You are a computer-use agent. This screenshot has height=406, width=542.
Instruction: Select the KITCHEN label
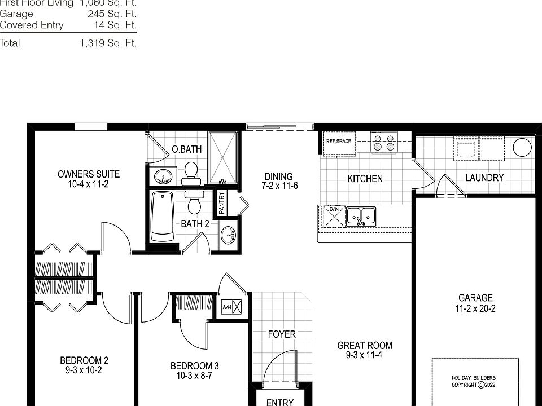click(x=365, y=179)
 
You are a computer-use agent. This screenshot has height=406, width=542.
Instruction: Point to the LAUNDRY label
click(x=484, y=178)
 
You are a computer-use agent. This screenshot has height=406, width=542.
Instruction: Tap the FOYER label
click(x=281, y=334)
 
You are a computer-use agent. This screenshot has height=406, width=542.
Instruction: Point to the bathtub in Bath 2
click(x=163, y=217)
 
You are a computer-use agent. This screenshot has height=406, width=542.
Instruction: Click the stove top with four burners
click(x=383, y=142)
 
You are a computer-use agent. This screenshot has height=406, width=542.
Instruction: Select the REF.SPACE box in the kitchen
click(x=339, y=142)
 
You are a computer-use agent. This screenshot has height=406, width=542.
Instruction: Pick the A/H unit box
click(x=232, y=307)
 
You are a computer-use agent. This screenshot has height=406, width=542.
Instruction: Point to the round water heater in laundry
click(x=522, y=148)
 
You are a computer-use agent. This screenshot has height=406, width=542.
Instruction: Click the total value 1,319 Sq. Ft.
click(x=108, y=43)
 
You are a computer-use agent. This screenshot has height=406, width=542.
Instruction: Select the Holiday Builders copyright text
click(x=473, y=382)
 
